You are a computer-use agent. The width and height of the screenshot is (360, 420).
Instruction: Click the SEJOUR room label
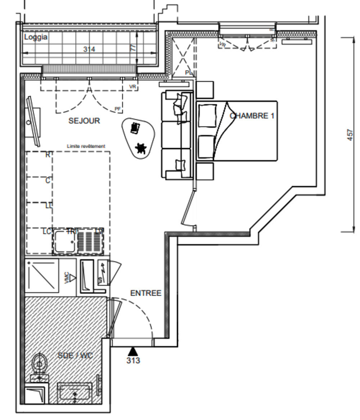coord(84,121)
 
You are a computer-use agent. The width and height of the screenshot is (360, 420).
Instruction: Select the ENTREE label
coord(145,293)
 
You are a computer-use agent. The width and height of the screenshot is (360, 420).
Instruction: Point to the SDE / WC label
coord(75,356)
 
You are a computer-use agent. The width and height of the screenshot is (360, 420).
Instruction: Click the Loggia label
coord(36,37)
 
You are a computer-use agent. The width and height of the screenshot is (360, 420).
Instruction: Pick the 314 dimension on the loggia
coord(89,49)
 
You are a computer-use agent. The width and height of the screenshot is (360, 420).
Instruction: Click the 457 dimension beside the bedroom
coord(351,135)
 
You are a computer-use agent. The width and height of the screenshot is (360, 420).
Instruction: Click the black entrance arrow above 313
coord(133,351)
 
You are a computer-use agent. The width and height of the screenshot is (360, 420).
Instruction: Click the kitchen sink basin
coord(65,242)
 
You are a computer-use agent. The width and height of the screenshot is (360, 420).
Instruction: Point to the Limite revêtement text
coord(86,146)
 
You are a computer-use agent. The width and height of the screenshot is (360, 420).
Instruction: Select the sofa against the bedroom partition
coord(176,135)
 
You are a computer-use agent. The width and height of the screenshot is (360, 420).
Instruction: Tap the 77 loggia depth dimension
coord(134,48)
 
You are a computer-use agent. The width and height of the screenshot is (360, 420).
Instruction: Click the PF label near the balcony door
coord(118,109)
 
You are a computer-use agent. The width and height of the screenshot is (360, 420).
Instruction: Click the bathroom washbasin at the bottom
coord(75,393)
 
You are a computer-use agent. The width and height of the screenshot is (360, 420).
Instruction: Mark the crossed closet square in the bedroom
coord(183,58)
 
